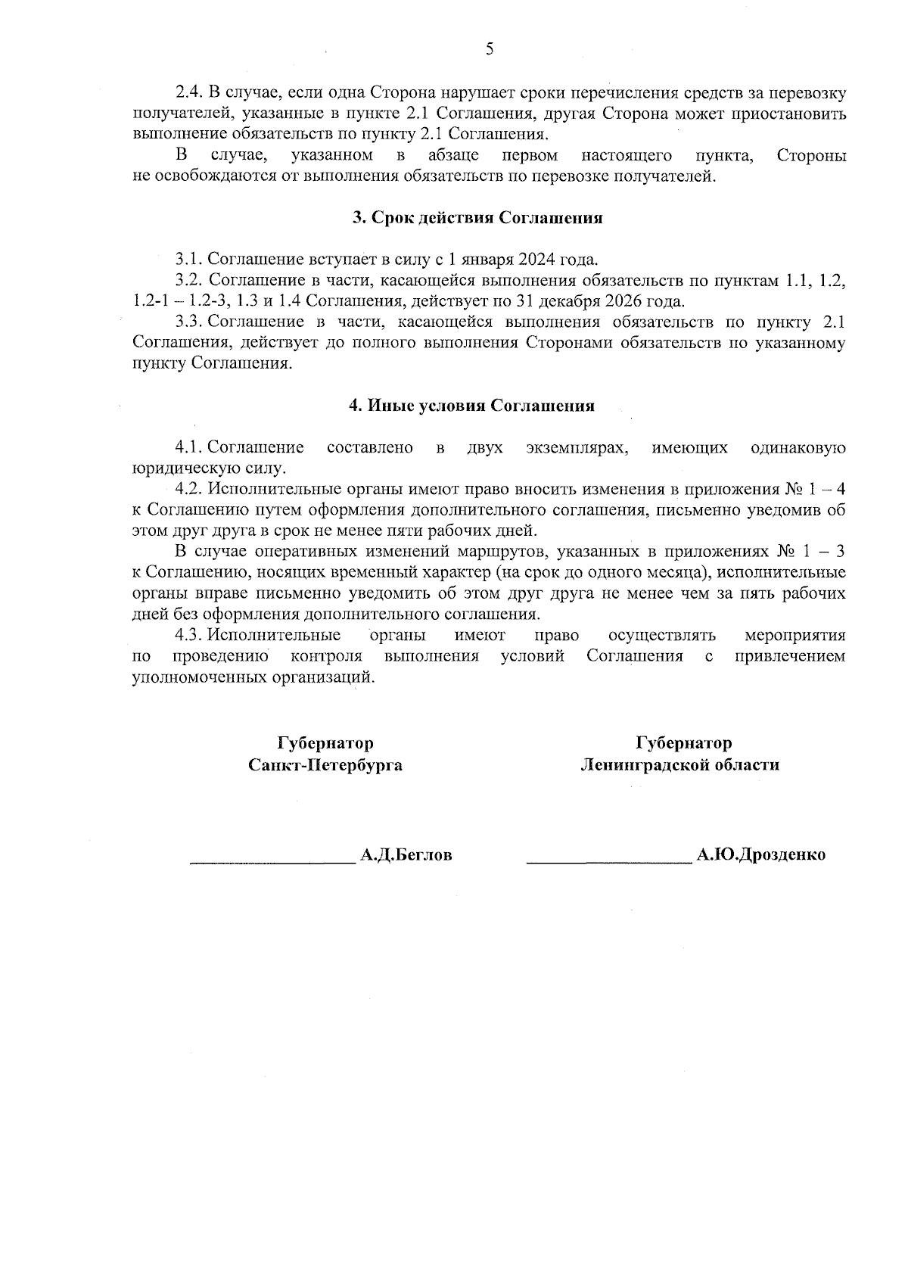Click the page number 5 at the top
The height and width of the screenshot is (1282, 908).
pos(489,50)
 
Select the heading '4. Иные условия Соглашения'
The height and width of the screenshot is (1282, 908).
pos(471,406)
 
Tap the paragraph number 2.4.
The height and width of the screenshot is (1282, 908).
pos(189,93)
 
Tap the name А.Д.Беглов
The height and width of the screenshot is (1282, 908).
pos(406,855)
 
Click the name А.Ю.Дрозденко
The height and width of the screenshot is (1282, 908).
pos(760,855)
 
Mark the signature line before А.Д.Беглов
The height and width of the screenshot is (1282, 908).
pos(272,861)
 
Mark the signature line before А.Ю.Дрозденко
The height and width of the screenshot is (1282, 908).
pos(608,861)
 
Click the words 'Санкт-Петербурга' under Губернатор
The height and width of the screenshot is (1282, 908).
pos(325,765)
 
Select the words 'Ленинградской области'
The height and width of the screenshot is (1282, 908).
pos(679,765)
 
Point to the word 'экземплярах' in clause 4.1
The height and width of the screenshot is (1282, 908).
pos(577,448)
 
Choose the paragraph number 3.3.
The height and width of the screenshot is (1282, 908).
pos(189,322)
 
